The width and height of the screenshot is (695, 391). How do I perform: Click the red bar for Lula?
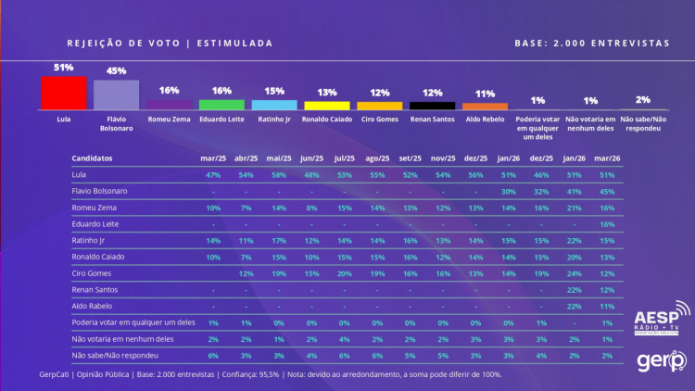(x=64, y=94)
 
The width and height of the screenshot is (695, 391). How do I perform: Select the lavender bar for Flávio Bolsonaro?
(x=116, y=95)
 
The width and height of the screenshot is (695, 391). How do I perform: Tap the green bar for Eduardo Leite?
(x=221, y=105)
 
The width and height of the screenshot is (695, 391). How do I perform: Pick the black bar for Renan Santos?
(x=432, y=106)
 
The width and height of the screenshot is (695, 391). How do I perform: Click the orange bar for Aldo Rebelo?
(x=485, y=107)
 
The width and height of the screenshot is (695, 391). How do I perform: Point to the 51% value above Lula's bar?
(x=64, y=68)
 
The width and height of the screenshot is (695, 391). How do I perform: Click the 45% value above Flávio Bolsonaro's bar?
(x=116, y=70)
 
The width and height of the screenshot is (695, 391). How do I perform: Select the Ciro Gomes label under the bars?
(x=380, y=120)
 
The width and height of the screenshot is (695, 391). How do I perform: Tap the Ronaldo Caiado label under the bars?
(x=327, y=120)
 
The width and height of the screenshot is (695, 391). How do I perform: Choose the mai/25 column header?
(x=278, y=158)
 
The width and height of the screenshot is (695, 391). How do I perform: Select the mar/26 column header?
(x=608, y=158)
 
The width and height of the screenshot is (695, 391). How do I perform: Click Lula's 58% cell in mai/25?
(x=278, y=174)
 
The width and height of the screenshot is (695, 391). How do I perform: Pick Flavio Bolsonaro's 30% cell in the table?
(x=509, y=191)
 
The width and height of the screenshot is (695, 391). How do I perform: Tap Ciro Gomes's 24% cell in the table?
(x=575, y=273)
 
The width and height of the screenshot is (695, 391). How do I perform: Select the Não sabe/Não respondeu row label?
(x=110, y=355)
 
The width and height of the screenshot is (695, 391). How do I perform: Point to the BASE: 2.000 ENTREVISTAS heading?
(x=591, y=43)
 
